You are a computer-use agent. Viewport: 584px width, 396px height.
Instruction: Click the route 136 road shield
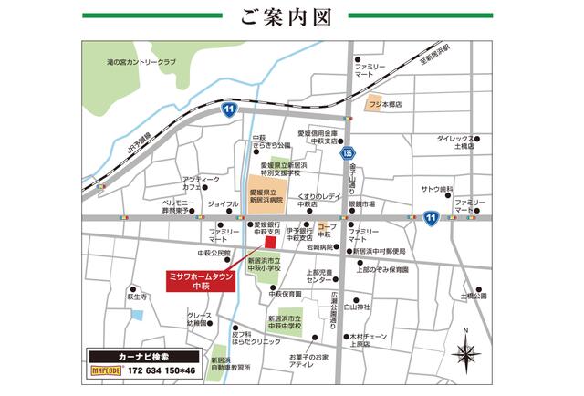coord(348,154)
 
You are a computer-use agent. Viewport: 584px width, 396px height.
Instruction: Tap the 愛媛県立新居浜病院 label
coord(266,196)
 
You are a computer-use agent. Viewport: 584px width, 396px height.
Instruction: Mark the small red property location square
coord(269,242)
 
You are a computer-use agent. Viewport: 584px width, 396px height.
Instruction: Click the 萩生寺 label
coord(138,297)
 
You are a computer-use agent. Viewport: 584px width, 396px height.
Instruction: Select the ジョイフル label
coord(224,203)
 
